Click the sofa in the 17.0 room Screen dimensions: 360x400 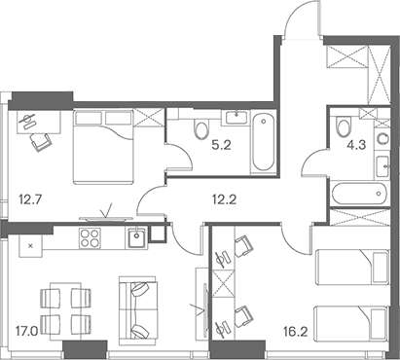pos(137,306)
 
